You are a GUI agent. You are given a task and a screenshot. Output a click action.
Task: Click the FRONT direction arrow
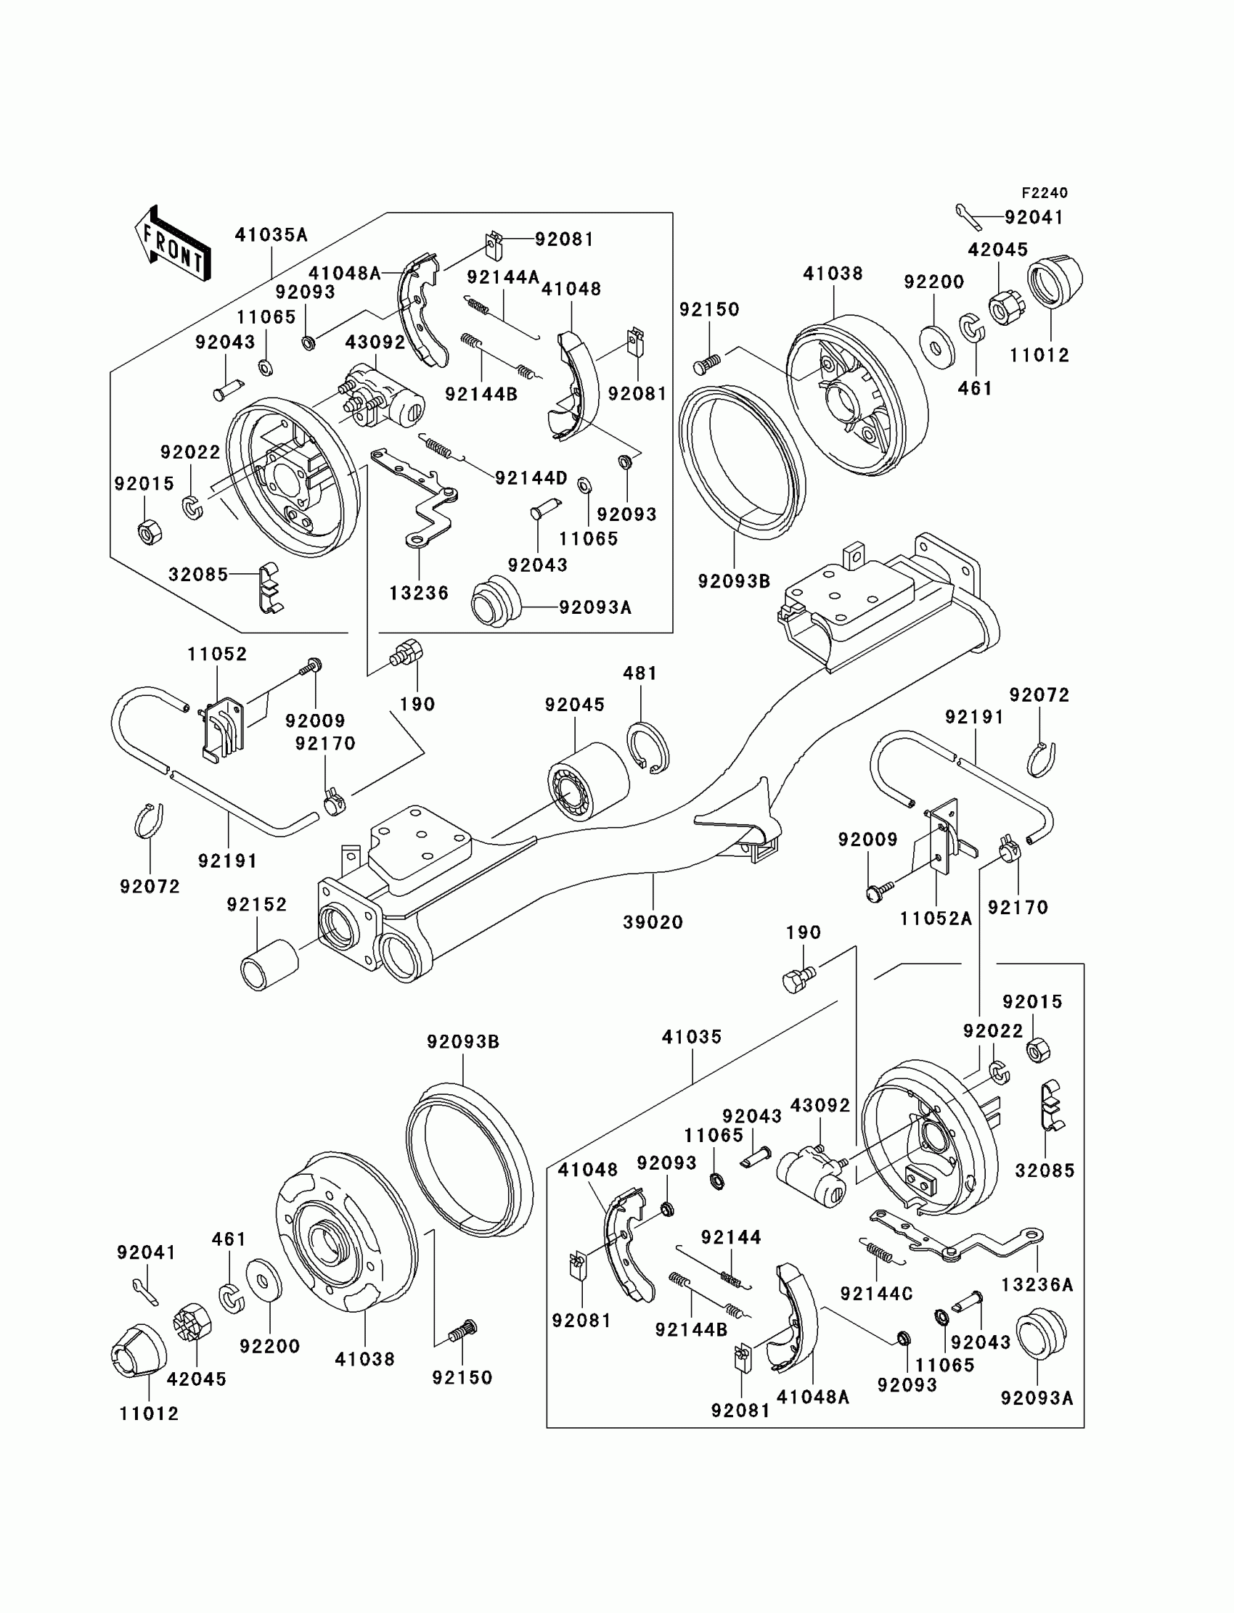click(173, 243)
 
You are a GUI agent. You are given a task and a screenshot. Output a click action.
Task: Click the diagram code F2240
click(1045, 193)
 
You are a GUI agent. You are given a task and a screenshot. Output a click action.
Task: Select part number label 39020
click(653, 922)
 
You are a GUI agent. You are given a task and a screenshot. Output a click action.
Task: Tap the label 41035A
click(271, 235)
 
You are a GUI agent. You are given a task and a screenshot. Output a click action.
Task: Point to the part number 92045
click(574, 705)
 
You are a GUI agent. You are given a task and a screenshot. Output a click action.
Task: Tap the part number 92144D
click(531, 479)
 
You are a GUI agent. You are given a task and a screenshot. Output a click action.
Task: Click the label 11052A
click(936, 919)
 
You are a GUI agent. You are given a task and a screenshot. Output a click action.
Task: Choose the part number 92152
click(256, 906)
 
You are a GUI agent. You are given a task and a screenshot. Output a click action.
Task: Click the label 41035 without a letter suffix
click(692, 1038)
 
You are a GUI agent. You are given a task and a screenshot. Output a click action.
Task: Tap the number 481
click(640, 673)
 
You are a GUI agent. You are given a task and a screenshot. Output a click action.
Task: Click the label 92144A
click(503, 277)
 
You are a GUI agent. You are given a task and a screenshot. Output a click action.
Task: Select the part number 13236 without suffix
click(419, 594)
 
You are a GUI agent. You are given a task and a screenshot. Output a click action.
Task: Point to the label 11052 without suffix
click(218, 654)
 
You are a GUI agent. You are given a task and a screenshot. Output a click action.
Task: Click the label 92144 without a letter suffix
click(731, 1238)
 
